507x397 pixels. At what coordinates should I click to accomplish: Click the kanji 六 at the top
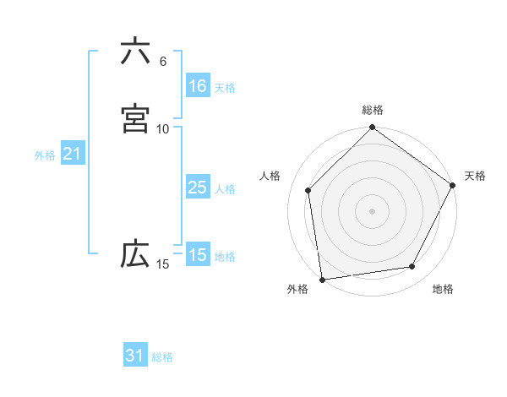coord(135,52)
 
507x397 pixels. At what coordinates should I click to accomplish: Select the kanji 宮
coord(135,119)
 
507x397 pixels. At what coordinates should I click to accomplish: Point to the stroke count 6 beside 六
coord(162,62)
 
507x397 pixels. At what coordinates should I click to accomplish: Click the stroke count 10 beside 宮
coord(162,128)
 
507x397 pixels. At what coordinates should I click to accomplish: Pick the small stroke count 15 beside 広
coord(162,264)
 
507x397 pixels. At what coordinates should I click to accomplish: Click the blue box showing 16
coord(197,86)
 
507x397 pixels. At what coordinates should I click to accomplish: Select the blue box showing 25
coord(197,188)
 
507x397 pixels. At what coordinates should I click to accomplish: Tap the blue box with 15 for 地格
coord(197,255)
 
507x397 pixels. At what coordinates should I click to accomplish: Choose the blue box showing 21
coord(72,154)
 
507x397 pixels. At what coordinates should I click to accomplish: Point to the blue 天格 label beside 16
coord(225,88)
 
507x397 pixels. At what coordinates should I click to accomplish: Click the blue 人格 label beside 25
coord(225,189)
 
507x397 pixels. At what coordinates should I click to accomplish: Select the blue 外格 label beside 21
coord(45,155)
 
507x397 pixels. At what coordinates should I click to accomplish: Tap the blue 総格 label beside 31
coord(162,357)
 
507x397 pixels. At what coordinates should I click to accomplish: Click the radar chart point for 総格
coord(372,128)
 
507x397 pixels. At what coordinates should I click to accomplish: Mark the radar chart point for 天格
coord(453,187)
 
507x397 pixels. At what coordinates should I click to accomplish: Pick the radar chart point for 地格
coord(412,267)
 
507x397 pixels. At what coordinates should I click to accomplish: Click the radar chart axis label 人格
coord(270,176)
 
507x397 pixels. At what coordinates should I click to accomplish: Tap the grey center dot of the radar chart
coord(372,210)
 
